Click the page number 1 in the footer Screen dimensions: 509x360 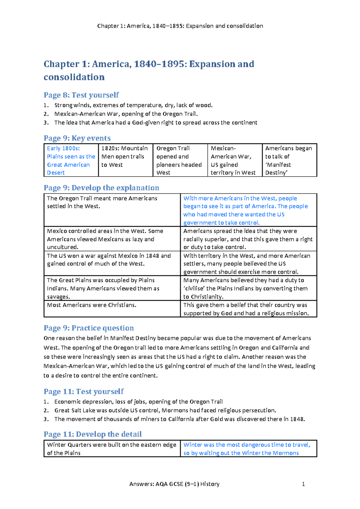click(x=303, y=484)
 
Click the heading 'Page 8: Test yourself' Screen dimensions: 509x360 click(x=81, y=95)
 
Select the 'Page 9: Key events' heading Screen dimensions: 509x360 click(x=77, y=138)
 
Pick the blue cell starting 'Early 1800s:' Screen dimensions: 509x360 click(x=71, y=160)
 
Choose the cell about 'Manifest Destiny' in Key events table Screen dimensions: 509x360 click(x=289, y=160)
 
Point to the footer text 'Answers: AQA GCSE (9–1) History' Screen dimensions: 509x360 click(x=174, y=484)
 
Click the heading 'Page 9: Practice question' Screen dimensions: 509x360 click(x=89, y=328)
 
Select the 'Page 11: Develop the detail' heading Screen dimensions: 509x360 click(x=93, y=434)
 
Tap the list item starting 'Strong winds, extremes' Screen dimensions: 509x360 click(x=133, y=105)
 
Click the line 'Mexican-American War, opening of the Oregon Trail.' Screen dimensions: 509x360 click(x=126, y=114)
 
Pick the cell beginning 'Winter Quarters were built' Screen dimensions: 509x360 click(x=112, y=449)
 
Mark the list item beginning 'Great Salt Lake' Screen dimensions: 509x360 click(x=165, y=410)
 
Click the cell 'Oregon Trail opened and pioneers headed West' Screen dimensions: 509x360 click(x=180, y=160)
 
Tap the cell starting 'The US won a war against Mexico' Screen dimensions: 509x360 click(x=109, y=260)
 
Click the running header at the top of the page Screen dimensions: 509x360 click(x=180, y=26)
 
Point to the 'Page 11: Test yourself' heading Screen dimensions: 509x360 click(x=83, y=391)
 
